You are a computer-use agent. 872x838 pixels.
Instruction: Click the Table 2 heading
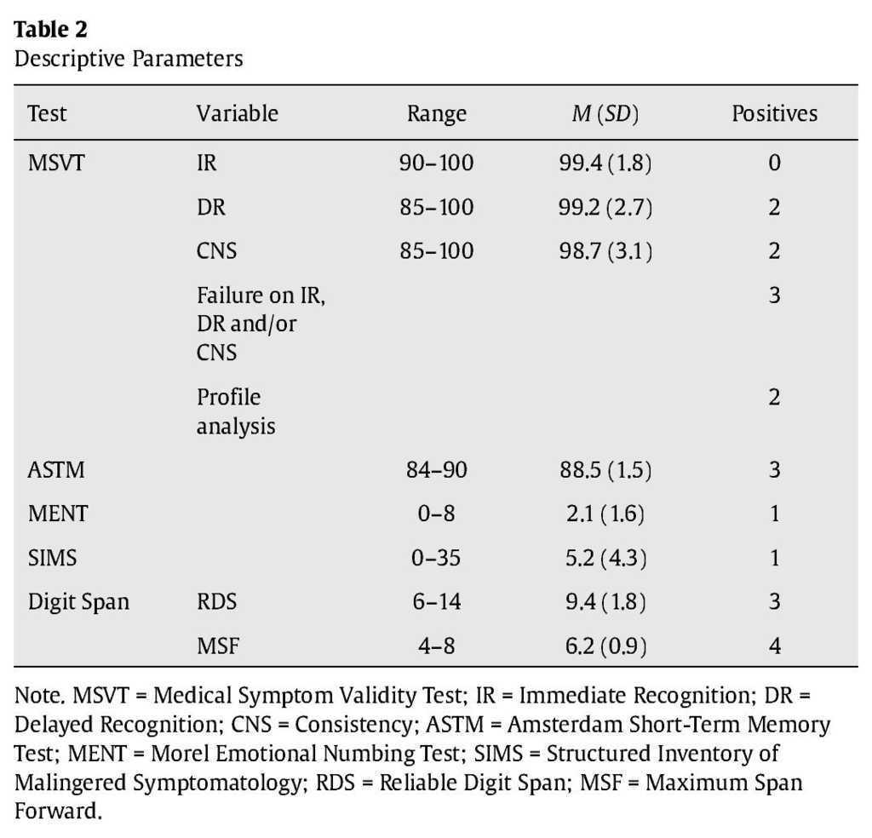point(51,29)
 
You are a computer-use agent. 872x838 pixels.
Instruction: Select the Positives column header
point(774,114)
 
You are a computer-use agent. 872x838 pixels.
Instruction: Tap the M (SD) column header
point(605,114)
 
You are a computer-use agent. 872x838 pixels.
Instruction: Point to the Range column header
point(436,114)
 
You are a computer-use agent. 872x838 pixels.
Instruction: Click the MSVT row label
point(56,163)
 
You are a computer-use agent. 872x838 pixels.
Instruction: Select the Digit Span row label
point(78,602)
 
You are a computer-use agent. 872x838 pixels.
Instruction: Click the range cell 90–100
point(436,163)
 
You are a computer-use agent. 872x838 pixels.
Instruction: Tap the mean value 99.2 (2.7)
point(605,207)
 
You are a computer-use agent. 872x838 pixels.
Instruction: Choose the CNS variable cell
point(216,251)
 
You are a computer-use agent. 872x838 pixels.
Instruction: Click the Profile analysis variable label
point(236,411)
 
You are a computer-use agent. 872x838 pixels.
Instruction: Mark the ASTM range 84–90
point(436,470)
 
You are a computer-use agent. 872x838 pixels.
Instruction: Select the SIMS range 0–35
point(436,559)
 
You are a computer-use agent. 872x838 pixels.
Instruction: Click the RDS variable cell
point(216,602)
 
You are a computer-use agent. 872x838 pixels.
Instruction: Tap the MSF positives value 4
point(774,646)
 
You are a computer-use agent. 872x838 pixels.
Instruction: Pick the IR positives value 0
point(774,163)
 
